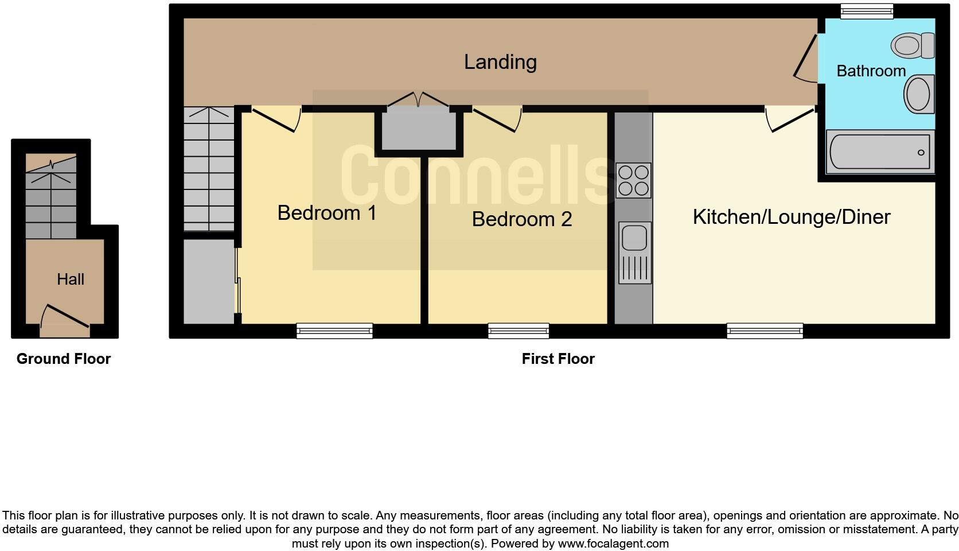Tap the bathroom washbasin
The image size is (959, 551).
(x=919, y=94)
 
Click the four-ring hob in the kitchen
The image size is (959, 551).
(x=633, y=180)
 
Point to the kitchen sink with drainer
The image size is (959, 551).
(x=634, y=253)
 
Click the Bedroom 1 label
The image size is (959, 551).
(x=327, y=213)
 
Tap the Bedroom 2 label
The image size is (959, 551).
(x=522, y=219)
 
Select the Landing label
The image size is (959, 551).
(x=500, y=62)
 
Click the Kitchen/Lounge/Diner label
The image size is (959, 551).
(x=792, y=217)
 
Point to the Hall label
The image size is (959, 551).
(x=71, y=280)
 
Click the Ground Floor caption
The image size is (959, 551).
(x=64, y=359)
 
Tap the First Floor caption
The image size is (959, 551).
(x=558, y=359)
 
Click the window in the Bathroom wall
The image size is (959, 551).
(x=867, y=11)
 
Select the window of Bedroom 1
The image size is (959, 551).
(x=334, y=331)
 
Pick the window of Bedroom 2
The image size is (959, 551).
(x=519, y=331)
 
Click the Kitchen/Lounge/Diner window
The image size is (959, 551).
(x=765, y=331)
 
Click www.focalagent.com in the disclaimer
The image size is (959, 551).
(x=613, y=544)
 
